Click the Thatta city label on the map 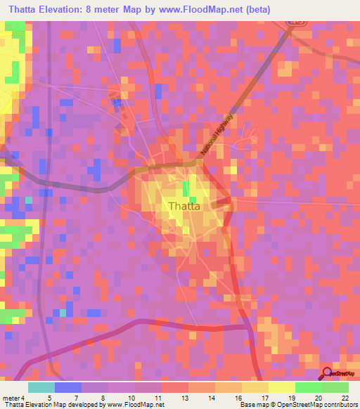185,207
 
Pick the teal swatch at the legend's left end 41,388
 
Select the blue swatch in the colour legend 68,388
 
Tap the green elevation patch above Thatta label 186,189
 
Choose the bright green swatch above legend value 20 309,388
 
